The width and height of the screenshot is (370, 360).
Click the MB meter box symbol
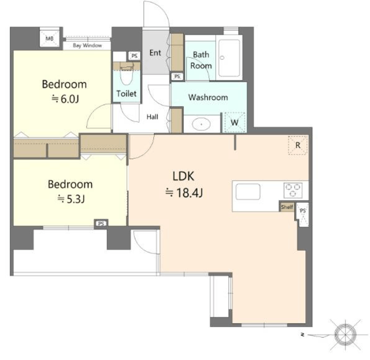[x=50, y=38]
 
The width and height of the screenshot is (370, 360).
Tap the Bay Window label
[x=87, y=45]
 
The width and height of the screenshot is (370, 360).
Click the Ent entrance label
[x=156, y=53]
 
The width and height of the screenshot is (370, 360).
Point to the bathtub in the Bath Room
[x=229, y=57]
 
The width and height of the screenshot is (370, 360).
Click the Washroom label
[x=208, y=97]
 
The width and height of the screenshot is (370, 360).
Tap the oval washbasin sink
[x=201, y=124]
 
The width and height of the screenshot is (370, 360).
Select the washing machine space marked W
[x=234, y=122]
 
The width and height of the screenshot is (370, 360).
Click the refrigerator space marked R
[x=298, y=145]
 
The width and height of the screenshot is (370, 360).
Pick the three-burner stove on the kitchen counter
[x=293, y=190]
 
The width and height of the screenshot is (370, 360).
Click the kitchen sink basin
[x=248, y=192]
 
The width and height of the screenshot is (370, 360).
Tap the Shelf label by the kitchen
[x=287, y=207]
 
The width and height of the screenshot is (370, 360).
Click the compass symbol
[x=345, y=335]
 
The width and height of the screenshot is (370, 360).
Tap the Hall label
[x=153, y=117]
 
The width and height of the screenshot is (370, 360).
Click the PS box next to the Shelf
[x=303, y=215]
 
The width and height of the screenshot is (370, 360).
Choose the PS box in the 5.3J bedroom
[x=101, y=223]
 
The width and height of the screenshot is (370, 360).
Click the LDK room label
[x=183, y=176]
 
